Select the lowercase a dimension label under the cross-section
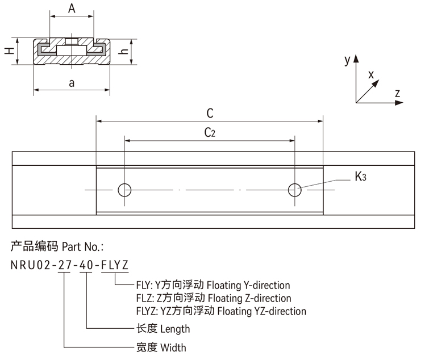click(72, 83)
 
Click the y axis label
click(347, 59)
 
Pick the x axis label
click(371, 74)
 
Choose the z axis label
click(398, 93)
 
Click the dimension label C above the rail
click(210, 113)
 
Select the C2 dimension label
click(210, 133)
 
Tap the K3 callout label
click(360, 177)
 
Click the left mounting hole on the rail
click(124, 190)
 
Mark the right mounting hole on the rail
click(294, 190)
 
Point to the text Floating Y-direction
click(248, 285)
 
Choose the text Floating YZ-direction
click(257, 311)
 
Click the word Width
click(173, 348)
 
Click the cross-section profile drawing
click(72, 51)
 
